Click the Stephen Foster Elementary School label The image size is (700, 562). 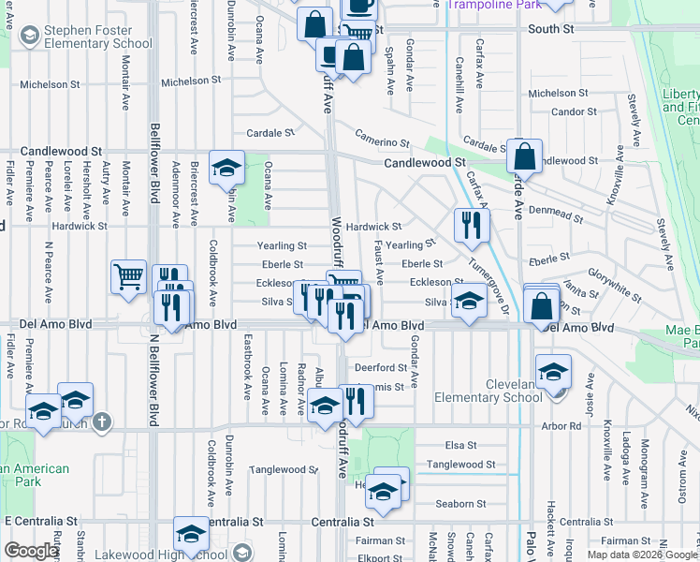97,37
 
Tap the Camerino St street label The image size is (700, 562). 382,139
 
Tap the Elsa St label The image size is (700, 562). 455,445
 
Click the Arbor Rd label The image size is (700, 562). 562,426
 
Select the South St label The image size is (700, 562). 550,30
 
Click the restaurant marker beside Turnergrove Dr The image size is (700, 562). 471,226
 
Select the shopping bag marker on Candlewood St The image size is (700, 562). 524,156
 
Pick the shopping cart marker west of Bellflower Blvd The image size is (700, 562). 128,276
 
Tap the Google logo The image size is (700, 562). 31,551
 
